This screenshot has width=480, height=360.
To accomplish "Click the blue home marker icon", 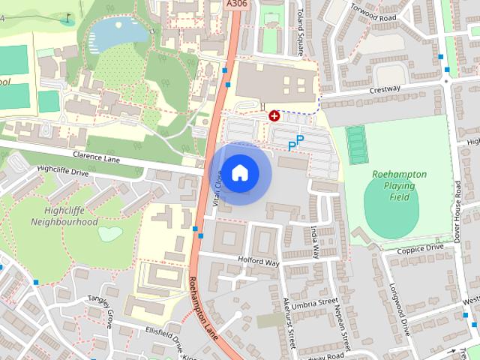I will pos(239,173).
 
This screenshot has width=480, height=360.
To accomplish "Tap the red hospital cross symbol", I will pos(274,115).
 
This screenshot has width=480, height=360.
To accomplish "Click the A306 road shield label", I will pos(235,4).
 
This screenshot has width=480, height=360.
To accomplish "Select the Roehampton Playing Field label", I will pos(399,185).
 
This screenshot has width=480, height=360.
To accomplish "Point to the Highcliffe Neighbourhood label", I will pos(64,216).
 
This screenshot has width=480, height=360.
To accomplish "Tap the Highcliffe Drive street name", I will pos(62,172).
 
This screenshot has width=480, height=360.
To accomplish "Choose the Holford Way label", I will pos(259,262).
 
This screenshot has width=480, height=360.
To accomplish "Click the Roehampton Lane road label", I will pos(203,308).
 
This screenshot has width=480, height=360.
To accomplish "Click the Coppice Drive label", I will pos(421,248).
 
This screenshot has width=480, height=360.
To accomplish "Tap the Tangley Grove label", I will pos(100,308).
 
